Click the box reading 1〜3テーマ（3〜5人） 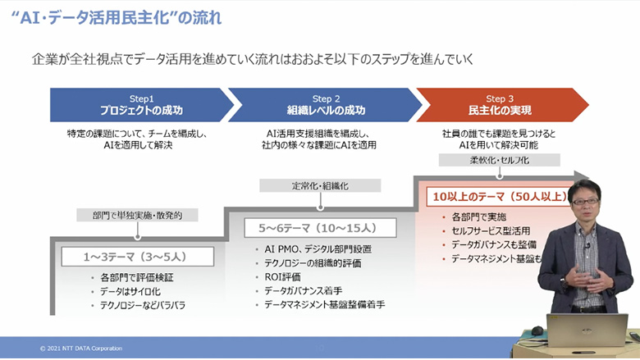[x=137, y=257]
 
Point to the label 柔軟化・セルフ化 [x=499, y=160]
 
